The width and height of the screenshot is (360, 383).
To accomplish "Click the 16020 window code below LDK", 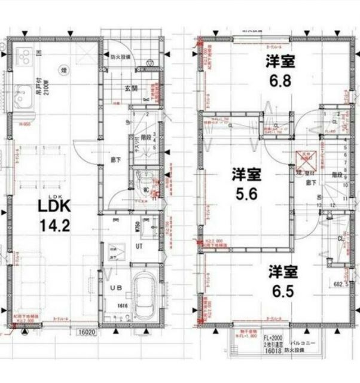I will [87, 330].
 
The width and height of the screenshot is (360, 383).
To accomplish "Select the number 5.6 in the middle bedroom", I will [246, 194].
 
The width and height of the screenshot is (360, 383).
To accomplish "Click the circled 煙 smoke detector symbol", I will [63, 71].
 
